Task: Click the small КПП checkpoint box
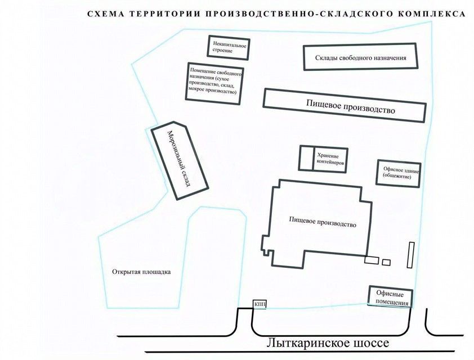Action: [x=260, y=305]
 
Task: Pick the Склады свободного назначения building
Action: [x=361, y=58]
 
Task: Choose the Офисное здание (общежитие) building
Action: [x=399, y=174]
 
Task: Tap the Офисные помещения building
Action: [x=391, y=297]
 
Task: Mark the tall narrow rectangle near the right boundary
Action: [x=411, y=255]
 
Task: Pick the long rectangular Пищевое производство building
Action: [x=345, y=106]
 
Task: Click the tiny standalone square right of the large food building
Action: [x=386, y=262]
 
